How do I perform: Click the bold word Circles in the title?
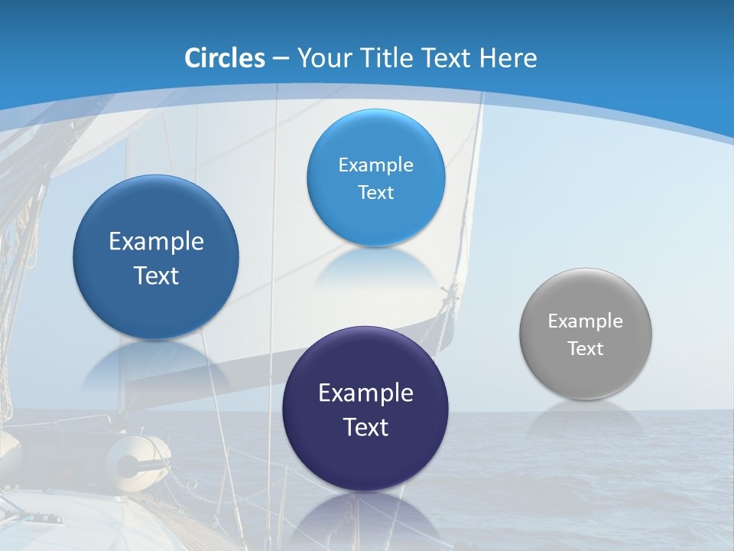(x=225, y=58)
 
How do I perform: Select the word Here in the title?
(x=508, y=58)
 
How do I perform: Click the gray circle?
(x=586, y=334)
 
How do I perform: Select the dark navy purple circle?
(x=365, y=409)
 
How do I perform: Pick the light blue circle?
(x=375, y=178)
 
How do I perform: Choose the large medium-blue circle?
(x=156, y=257)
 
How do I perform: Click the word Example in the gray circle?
(x=585, y=321)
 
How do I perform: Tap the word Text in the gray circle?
(x=586, y=349)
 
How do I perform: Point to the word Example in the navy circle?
(x=365, y=393)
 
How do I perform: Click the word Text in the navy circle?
(x=365, y=427)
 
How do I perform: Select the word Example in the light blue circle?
(x=375, y=165)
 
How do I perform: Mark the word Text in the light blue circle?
(x=375, y=193)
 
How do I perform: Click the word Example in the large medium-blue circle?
(x=156, y=242)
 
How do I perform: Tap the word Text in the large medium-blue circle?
(x=156, y=275)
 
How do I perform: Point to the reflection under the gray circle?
(x=586, y=417)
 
